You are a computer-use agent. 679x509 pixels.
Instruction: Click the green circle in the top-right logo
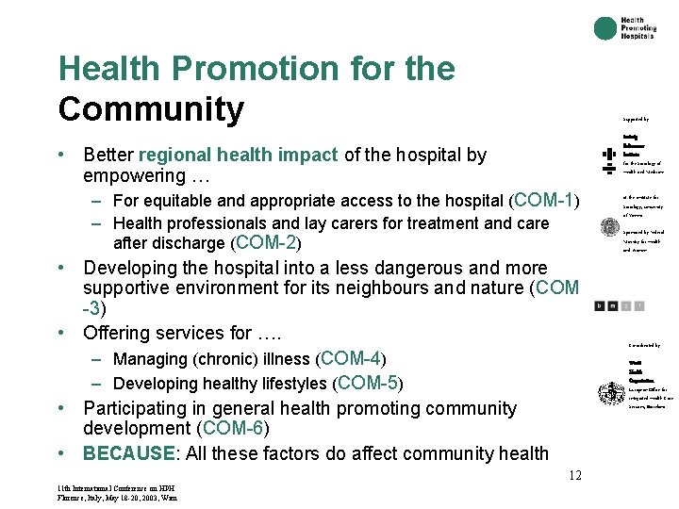pos(605,28)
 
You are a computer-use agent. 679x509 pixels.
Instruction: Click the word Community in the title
pos(151,109)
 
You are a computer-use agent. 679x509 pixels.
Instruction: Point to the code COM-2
pos(267,242)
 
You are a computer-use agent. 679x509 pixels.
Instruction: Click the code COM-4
pos(352,358)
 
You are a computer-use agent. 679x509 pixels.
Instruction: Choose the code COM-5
pos(369,383)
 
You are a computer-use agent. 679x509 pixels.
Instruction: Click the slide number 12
pos(574,475)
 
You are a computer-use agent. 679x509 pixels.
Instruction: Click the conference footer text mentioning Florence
pos(116,497)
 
